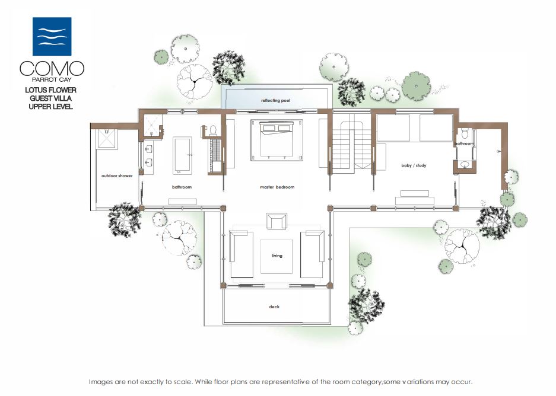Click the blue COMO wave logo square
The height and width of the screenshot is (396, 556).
[52, 37]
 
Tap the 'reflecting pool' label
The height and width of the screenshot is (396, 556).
[275, 101]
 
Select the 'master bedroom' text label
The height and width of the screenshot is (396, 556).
[277, 187]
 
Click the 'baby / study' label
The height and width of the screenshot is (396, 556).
[414, 165]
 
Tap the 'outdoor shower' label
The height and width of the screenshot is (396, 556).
[117, 175]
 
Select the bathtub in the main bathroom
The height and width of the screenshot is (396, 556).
[182, 155]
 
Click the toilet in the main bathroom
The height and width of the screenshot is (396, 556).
[213, 130]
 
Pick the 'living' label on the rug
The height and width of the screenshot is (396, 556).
[277, 256]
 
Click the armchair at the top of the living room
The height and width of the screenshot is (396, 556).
[277, 221]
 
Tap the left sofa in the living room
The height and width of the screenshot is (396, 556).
[242, 254]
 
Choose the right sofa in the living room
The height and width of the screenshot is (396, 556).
[312, 254]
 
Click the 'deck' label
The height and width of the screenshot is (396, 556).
[274, 306]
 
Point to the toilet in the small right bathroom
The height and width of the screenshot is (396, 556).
[465, 133]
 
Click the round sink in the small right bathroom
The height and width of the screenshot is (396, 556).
[464, 164]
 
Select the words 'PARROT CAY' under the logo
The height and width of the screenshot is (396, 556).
[52, 79]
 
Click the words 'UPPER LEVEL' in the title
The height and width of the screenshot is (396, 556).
[50, 107]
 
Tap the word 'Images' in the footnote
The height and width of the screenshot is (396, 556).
[101, 382]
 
